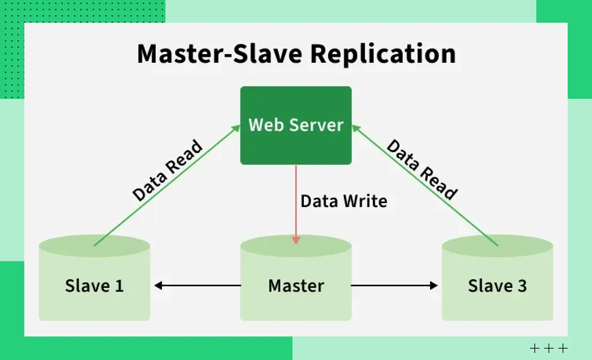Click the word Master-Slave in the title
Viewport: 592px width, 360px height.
click(x=220, y=54)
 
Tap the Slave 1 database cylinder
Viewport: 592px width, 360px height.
click(x=94, y=290)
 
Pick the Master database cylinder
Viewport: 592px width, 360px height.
click(x=296, y=298)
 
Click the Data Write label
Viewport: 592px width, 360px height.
click(x=344, y=201)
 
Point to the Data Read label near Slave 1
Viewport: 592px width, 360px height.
click(x=167, y=170)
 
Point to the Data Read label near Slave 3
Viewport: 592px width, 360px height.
click(x=422, y=169)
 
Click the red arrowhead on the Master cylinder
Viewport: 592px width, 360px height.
click(x=296, y=240)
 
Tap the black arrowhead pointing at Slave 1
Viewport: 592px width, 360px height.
click(x=158, y=285)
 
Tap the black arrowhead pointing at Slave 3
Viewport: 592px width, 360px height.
click(x=434, y=285)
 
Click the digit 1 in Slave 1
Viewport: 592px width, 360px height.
click(x=119, y=286)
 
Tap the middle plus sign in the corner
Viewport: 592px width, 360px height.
click(x=549, y=348)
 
